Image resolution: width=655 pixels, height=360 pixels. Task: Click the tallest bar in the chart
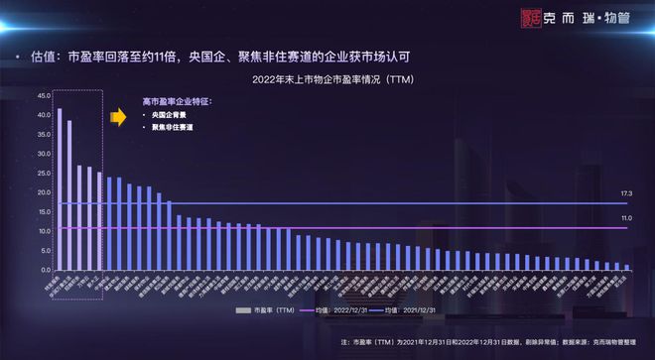tap(60, 188)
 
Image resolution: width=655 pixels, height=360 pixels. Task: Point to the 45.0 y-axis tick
tap(44, 95)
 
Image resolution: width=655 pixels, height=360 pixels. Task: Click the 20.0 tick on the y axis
tap(44, 192)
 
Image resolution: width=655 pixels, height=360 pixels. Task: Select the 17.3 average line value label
tap(626, 192)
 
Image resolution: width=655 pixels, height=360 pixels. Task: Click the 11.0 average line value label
tap(626, 217)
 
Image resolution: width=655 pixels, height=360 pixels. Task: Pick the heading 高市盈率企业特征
tap(177, 102)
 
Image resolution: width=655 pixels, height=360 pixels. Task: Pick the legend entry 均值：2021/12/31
tap(417, 311)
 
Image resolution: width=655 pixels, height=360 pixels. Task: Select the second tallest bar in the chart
tap(69, 194)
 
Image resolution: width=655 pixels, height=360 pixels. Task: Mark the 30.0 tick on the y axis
tap(44, 154)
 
